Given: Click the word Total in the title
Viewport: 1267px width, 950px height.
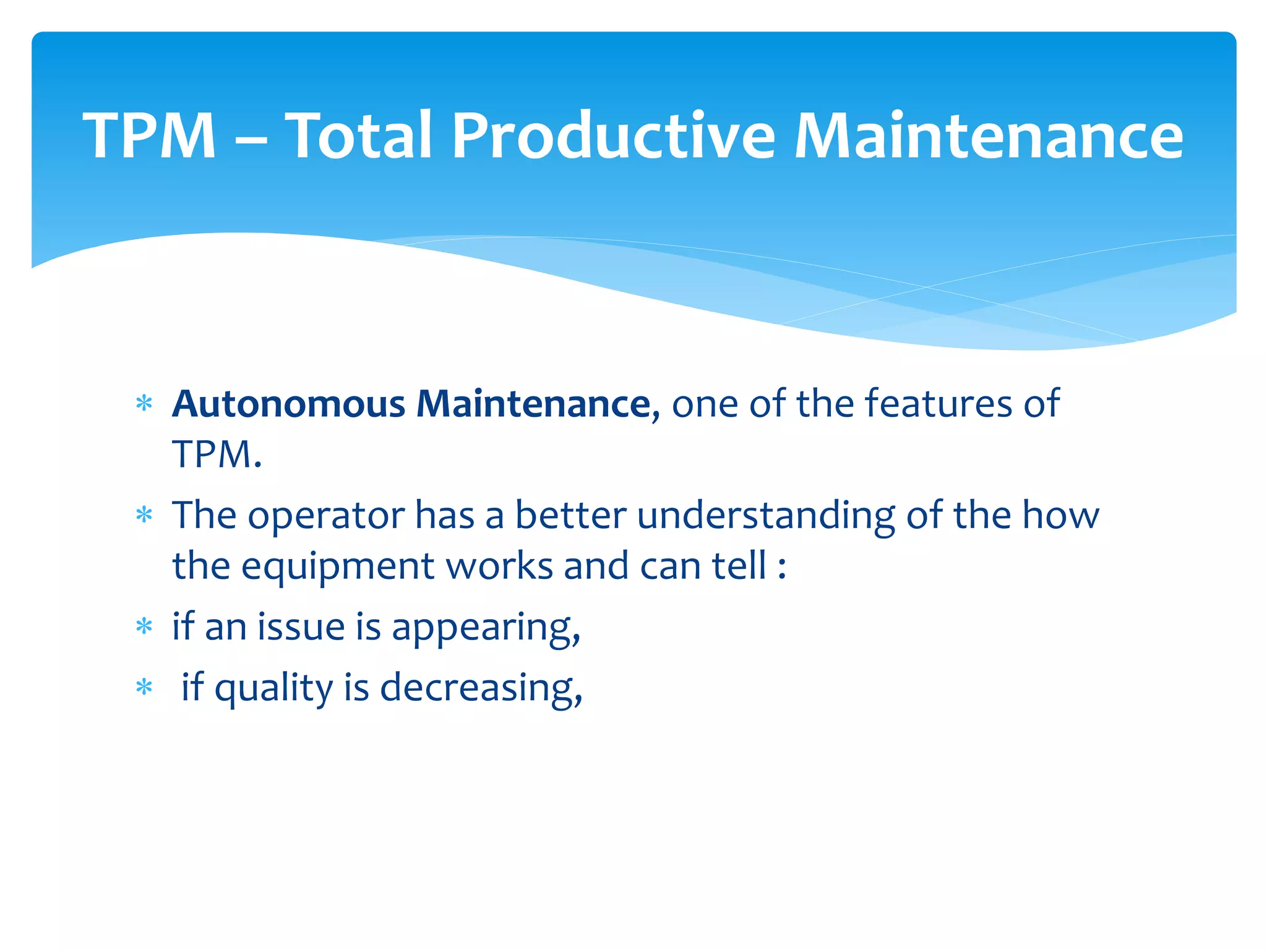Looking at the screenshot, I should [359, 135].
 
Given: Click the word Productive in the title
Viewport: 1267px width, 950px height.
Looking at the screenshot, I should [612, 135].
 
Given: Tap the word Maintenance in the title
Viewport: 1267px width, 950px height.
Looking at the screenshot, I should [988, 135].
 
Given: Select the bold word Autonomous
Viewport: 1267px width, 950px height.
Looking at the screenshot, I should [288, 404].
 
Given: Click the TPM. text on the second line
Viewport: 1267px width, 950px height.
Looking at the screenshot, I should [217, 455].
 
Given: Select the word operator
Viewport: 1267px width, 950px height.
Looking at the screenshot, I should [326, 515].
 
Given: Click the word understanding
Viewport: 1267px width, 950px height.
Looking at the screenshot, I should [766, 515].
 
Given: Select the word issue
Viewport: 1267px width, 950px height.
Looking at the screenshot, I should [301, 627].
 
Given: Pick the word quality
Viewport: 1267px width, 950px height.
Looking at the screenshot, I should [273, 688].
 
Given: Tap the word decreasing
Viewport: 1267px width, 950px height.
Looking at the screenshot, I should [481, 688].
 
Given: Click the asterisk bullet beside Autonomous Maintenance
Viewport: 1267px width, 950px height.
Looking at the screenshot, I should [144, 404].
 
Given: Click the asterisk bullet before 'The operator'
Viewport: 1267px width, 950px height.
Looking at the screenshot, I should [144, 515].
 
